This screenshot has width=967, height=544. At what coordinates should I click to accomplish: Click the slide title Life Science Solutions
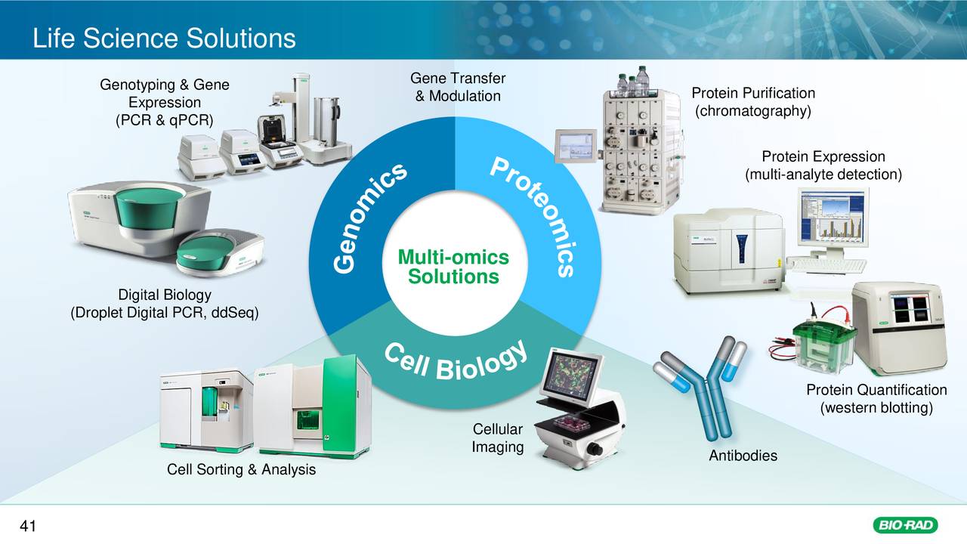(164, 38)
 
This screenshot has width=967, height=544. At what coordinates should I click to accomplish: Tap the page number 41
(28, 527)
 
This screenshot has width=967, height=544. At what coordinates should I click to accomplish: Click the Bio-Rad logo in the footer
(904, 525)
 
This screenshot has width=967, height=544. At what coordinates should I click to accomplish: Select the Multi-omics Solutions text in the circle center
(453, 268)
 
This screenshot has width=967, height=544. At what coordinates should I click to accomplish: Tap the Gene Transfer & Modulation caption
(457, 88)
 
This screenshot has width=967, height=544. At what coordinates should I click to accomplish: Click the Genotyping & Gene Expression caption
(165, 103)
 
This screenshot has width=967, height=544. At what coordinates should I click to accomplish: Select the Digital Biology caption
(165, 304)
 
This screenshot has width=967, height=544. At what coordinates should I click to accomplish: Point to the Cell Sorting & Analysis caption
(241, 470)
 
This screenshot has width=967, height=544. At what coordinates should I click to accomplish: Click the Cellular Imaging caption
(498, 439)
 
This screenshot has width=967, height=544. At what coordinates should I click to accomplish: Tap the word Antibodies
(743, 456)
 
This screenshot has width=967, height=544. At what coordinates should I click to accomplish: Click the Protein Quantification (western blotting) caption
(876, 399)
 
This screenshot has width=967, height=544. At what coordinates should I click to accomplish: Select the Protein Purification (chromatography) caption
(753, 102)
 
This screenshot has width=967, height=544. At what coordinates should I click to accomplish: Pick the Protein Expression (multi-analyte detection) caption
(823, 166)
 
